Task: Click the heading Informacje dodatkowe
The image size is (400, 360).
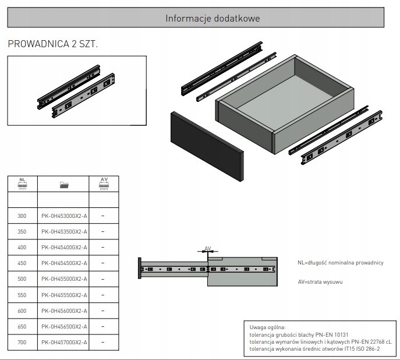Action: coord(213,18)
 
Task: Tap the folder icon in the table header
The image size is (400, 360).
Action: coord(64,185)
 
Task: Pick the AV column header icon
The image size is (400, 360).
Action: coord(104,184)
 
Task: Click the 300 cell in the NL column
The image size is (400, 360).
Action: coord(22,216)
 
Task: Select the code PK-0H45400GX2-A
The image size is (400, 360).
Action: coord(64,248)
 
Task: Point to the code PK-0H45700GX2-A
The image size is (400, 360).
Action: coord(64,343)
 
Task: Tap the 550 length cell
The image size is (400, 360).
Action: coord(22,295)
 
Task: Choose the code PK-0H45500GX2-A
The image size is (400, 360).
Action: coord(64,279)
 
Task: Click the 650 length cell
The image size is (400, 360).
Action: coord(22,327)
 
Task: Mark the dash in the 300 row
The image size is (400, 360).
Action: coord(103,216)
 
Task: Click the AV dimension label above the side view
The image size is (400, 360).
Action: coord(207,249)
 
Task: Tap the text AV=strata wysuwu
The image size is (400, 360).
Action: coord(320,281)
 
